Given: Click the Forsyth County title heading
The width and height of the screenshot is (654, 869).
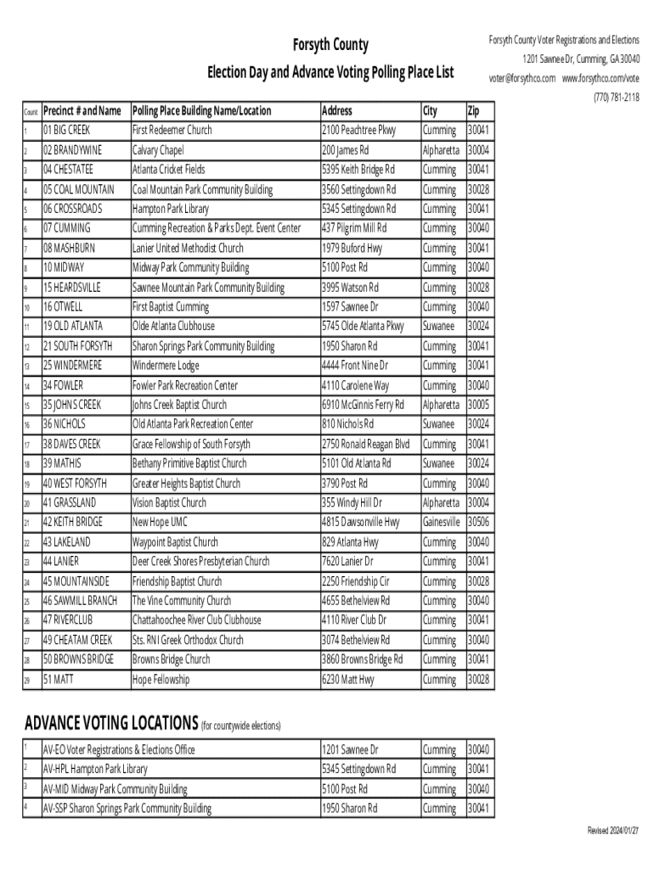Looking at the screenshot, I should (330, 45).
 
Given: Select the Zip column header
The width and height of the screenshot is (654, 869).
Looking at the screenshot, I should (473, 110).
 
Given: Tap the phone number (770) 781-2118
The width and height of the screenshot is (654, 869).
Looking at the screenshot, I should (616, 98).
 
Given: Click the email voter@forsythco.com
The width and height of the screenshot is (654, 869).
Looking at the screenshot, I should (522, 78).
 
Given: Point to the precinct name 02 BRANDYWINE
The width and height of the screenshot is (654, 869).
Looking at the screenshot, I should (72, 150).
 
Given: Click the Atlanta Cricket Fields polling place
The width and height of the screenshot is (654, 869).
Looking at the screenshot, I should (168, 169).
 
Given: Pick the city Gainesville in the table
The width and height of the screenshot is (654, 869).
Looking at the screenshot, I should (441, 522).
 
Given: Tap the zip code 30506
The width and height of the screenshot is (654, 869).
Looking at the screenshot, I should (478, 522).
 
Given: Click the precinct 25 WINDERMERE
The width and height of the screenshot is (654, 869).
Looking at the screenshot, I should (72, 365).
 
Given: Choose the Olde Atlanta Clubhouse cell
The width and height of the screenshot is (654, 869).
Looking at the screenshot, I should (173, 326).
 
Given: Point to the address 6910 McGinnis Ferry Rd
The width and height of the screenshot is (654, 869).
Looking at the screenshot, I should (363, 405).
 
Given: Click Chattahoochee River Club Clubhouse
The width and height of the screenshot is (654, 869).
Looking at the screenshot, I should (196, 620).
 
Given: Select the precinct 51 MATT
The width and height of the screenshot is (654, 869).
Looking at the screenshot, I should (59, 680).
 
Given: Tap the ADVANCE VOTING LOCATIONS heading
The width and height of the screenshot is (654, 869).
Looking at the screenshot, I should (111, 723).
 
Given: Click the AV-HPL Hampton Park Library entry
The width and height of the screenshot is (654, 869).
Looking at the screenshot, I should (95, 769).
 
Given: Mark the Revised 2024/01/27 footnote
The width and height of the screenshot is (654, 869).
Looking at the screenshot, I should (613, 830).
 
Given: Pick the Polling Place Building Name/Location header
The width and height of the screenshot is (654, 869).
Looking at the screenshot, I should (201, 110).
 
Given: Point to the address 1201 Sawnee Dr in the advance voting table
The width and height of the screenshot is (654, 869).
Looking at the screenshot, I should (350, 749).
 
